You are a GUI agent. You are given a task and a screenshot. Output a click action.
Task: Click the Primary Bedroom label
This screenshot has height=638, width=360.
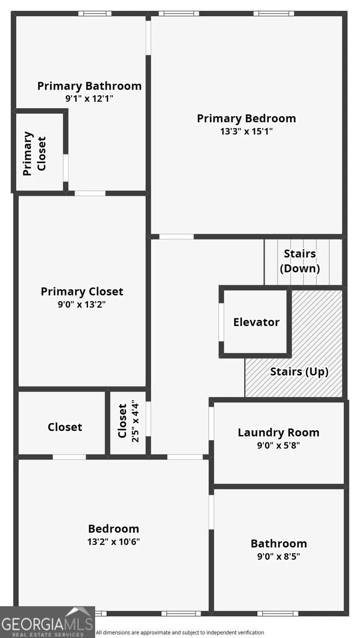246,118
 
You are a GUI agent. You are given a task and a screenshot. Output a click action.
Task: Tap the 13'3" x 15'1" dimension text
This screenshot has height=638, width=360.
246,131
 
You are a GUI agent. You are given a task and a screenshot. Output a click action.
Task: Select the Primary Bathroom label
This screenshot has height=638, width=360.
89,86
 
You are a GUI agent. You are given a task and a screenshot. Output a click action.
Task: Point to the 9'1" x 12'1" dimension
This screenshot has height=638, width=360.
89,99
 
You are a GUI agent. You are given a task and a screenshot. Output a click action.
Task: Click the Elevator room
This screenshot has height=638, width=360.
256,322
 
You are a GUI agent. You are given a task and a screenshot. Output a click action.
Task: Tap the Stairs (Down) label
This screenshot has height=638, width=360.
300,261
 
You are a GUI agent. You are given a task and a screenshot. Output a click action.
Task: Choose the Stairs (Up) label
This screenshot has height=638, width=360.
299,372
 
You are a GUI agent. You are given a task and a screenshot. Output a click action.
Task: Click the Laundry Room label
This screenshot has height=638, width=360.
278,432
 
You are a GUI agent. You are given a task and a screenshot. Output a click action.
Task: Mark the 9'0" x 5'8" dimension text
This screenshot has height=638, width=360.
278,445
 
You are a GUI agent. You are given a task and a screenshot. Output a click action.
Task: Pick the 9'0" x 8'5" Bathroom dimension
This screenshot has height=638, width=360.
278,556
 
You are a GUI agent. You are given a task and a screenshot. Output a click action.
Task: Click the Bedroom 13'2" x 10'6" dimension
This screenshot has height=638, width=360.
113,541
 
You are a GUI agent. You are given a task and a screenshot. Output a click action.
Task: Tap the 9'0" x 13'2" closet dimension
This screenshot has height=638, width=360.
82,304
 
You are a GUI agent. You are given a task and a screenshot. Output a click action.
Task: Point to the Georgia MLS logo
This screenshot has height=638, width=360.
47,622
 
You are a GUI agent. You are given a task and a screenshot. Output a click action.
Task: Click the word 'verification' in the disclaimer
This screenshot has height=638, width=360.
249,632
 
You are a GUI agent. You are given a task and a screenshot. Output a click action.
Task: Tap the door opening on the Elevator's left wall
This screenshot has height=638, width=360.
221,322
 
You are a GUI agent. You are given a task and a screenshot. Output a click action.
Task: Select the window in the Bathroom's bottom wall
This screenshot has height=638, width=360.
278,613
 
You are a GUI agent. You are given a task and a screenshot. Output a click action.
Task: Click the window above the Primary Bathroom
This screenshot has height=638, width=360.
95,14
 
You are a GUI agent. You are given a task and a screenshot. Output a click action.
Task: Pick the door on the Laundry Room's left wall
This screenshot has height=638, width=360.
211,424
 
